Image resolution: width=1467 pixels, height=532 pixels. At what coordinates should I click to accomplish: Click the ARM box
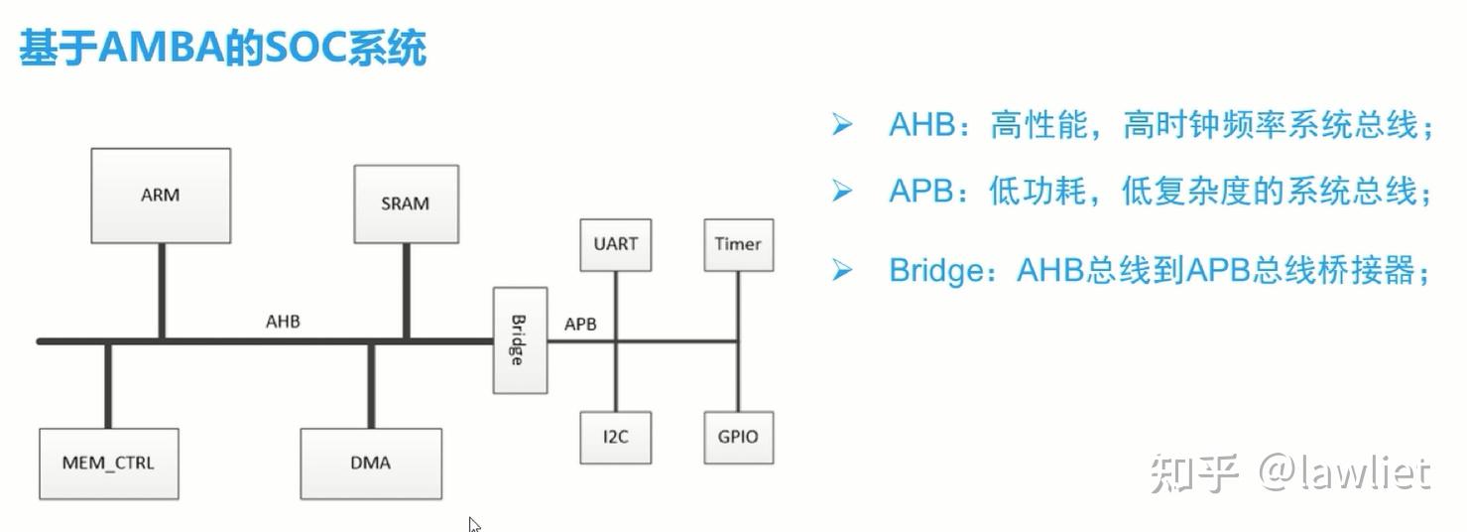click(x=161, y=196)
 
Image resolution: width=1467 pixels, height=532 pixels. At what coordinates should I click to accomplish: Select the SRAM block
click(x=406, y=203)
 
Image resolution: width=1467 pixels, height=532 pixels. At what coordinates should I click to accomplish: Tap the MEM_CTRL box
click(x=108, y=463)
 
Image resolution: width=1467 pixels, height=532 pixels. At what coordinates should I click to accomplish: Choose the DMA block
click(x=371, y=463)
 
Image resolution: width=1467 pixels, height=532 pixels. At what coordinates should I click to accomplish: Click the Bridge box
click(x=520, y=340)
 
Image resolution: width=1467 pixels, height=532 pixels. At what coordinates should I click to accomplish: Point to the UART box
click(x=615, y=244)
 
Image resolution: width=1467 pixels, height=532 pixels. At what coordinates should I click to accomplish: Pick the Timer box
click(x=738, y=244)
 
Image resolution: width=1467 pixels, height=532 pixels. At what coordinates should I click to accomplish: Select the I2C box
click(x=615, y=437)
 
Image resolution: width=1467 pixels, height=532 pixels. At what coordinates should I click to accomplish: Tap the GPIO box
click(x=738, y=437)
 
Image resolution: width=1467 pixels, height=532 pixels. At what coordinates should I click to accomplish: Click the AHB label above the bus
click(x=283, y=322)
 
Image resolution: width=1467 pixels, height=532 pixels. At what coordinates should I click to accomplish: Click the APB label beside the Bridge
click(x=580, y=324)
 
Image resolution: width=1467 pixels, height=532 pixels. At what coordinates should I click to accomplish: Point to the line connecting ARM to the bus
click(x=160, y=291)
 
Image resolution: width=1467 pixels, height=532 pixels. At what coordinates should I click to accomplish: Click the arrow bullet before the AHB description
click(x=842, y=125)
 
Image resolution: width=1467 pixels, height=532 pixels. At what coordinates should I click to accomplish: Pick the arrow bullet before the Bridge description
click(x=842, y=269)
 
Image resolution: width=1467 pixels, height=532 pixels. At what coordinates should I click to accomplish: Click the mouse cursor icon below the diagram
click(x=474, y=524)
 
